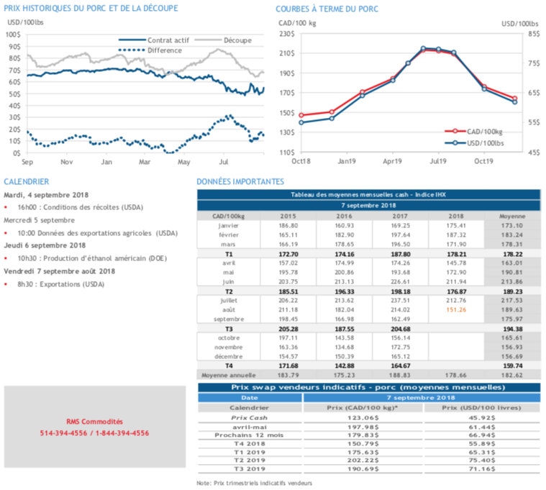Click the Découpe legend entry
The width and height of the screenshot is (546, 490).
[237, 40]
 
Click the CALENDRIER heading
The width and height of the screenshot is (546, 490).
[26, 182]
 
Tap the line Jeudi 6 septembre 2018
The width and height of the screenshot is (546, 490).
[45, 245]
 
